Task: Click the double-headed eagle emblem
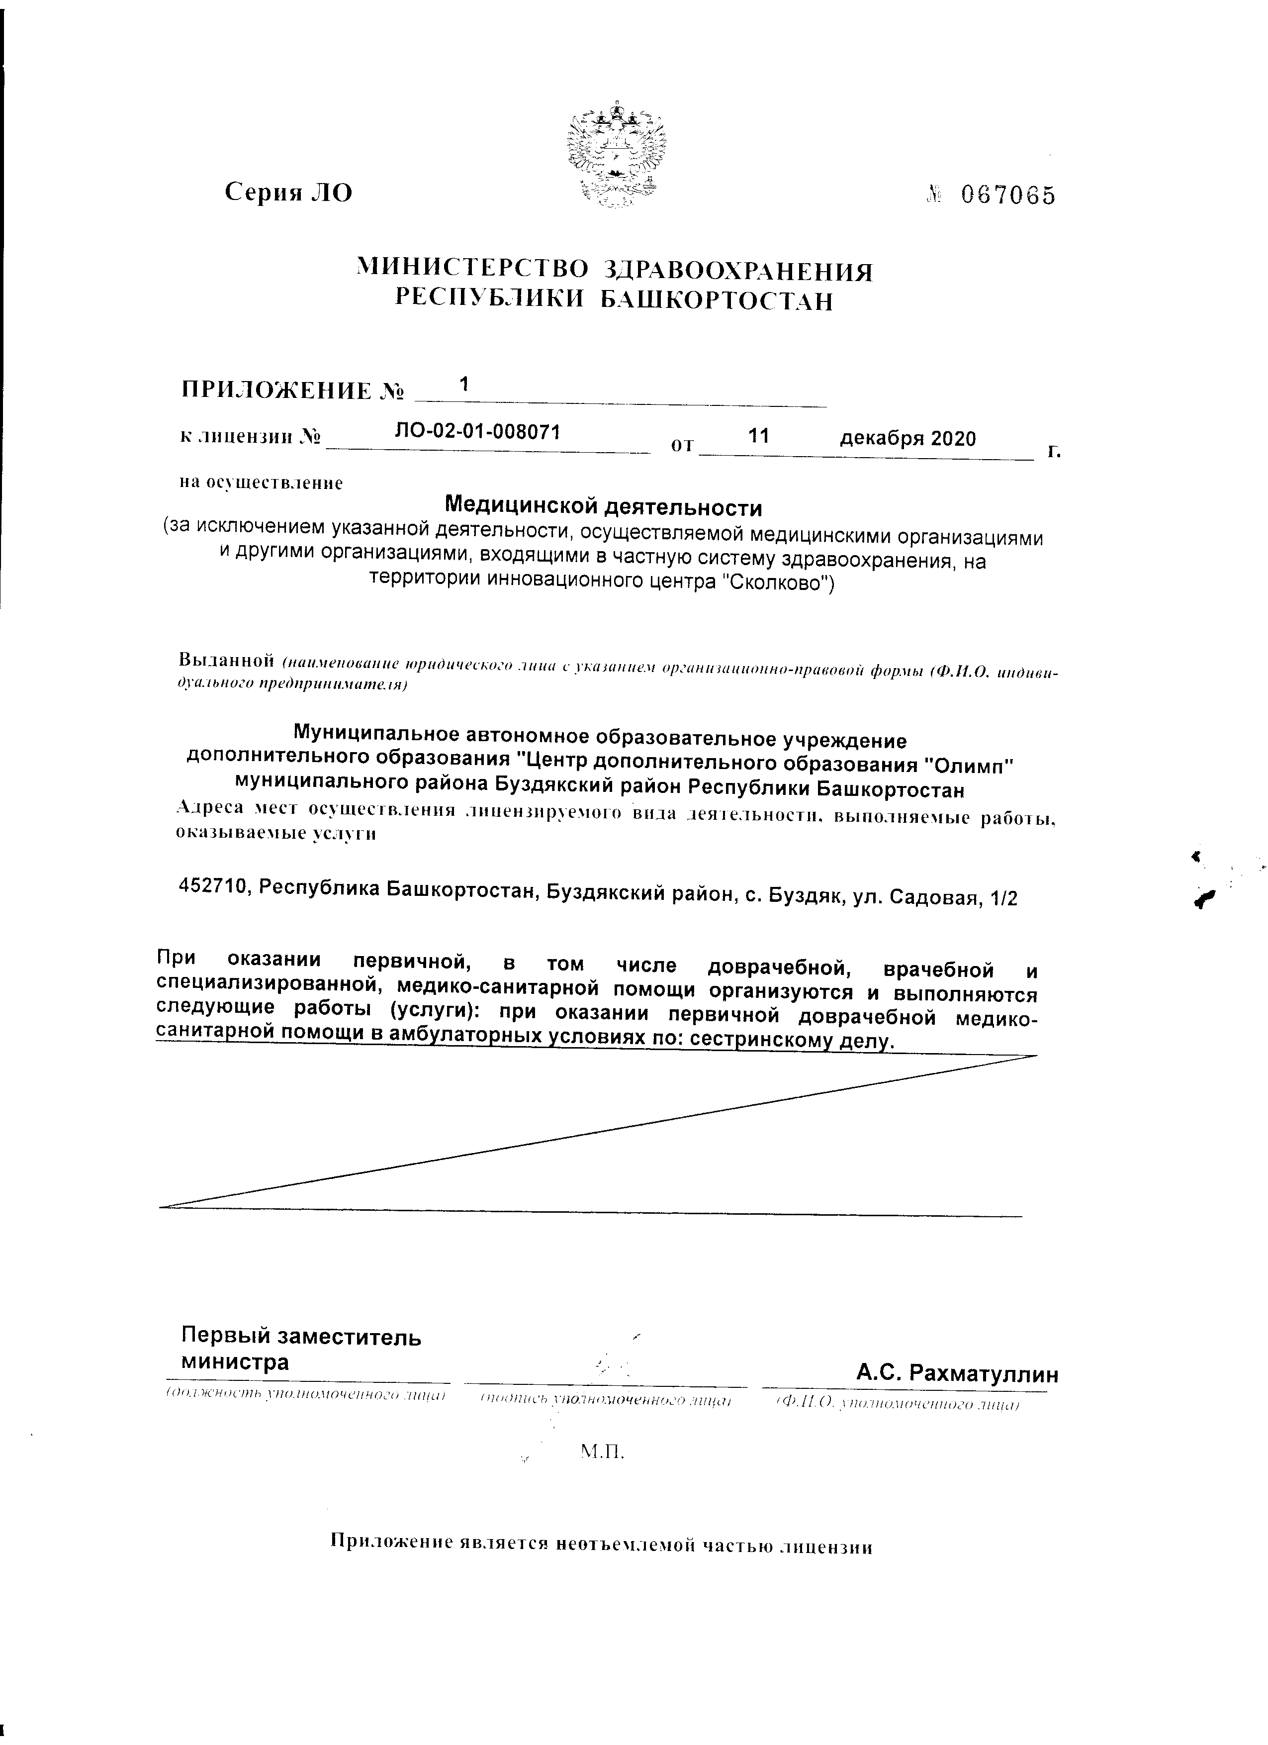tap(615, 155)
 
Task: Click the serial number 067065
tap(1008, 196)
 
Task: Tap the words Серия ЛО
tap(288, 192)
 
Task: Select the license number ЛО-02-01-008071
tap(477, 432)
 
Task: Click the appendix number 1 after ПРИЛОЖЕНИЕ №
tap(463, 383)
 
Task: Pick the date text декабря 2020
tap(907, 439)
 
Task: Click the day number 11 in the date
tap(758, 435)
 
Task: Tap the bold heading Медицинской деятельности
tap(604, 508)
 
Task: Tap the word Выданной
tap(227, 660)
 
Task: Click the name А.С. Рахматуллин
tap(957, 1373)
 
